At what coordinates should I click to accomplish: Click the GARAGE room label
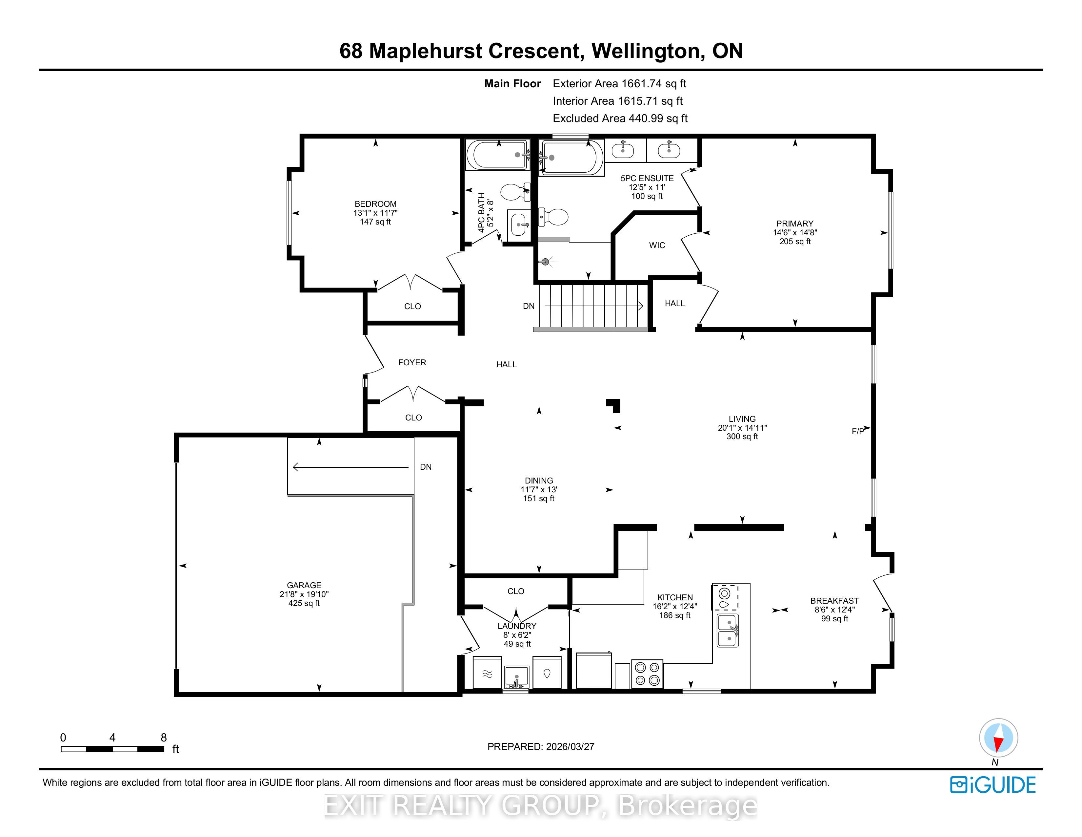tap(304, 585)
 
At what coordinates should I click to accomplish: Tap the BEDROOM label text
tap(375, 204)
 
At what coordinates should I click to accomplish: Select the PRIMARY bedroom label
tap(795, 224)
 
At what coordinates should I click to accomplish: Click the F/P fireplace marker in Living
tap(858, 431)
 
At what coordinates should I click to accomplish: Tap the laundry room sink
tap(516, 676)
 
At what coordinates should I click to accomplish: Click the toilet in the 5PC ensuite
tap(553, 217)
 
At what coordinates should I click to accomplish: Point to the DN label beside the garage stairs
tap(426, 467)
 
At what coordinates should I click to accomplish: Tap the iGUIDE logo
tap(993, 785)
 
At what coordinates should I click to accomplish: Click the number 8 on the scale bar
tap(164, 737)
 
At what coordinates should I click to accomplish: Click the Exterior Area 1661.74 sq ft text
tap(619, 84)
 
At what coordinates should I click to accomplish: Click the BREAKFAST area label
tap(834, 600)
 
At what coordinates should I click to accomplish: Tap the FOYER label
tap(412, 362)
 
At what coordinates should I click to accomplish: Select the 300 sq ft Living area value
tap(742, 436)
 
